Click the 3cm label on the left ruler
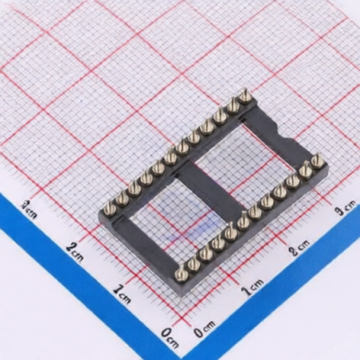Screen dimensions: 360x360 29,210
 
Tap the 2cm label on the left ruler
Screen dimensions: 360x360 75,251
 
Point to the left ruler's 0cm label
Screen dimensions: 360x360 170,337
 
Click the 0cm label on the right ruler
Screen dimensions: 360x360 204,329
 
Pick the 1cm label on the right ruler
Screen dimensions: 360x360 253,287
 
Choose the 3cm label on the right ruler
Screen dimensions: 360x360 345,208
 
